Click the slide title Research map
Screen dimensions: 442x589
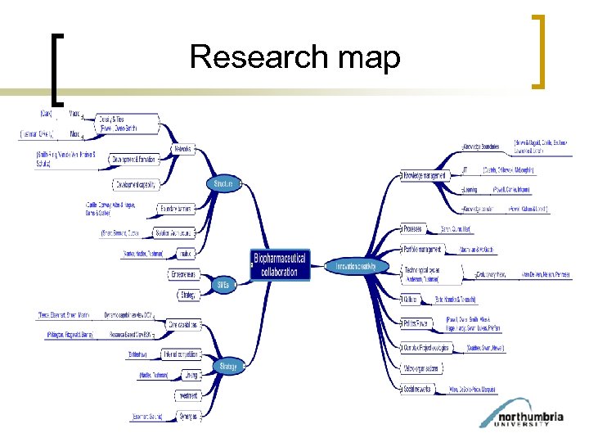pyautogui.click(x=294, y=57)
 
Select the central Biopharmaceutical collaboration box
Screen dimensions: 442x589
pyautogui.click(x=281, y=265)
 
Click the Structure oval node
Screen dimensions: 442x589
pyautogui.click(x=223, y=184)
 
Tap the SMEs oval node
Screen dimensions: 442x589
pyautogui.click(x=223, y=286)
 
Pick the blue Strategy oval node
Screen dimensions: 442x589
pyautogui.click(x=228, y=366)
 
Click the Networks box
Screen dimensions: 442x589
pyautogui.click(x=183, y=150)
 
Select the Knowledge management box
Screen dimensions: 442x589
pyautogui.click(x=425, y=175)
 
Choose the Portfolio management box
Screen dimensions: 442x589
pyautogui.click(x=423, y=249)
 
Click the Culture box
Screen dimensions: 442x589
pyautogui.click(x=411, y=300)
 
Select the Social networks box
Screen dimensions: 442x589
pyautogui.click(x=420, y=390)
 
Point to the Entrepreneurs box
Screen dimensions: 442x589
pyautogui.click(x=185, y=274)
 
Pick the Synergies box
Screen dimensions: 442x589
pyautogui.click(x=188, y=416)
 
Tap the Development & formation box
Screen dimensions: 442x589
pyautogui.click(x=134, y=159)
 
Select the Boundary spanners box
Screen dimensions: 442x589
pyautogui.click(x=176, y=209)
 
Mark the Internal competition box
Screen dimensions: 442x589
pyautogui.click(x=182, y=354)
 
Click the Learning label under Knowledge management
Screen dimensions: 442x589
pyautogui.click(x=470, y=190)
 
